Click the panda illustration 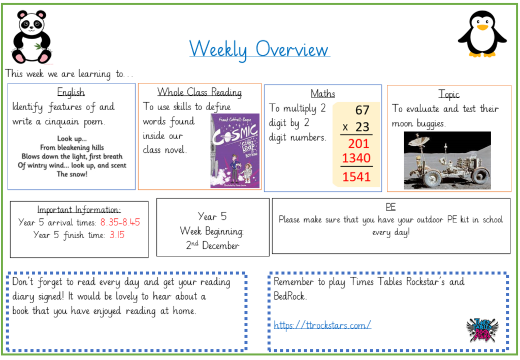coord(32,37)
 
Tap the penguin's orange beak coord(482,27)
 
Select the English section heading coord(71,92)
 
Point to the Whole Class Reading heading coord(200,92)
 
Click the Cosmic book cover coord(235,151)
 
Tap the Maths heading coord(323,93)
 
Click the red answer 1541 coord(356,177)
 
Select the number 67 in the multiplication coord(362,110)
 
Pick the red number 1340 coord(356,158)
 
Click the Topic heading coord(449,94)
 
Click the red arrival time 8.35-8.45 coord(120,222)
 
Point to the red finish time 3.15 coord(117,235)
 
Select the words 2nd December coord(213,245)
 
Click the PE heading coord(391,207)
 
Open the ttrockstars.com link coord(322,325)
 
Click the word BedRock coord(289,296)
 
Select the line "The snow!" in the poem coord(72,174)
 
